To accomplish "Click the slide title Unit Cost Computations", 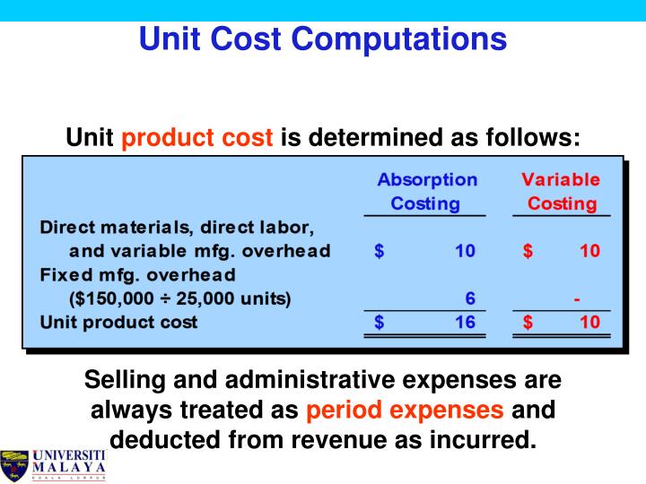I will point(323,39).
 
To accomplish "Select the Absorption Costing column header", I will point(427,192).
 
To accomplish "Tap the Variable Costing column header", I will point(562,192).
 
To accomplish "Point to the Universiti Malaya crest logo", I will point(16,464).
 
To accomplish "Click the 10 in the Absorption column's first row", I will point(464,250).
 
